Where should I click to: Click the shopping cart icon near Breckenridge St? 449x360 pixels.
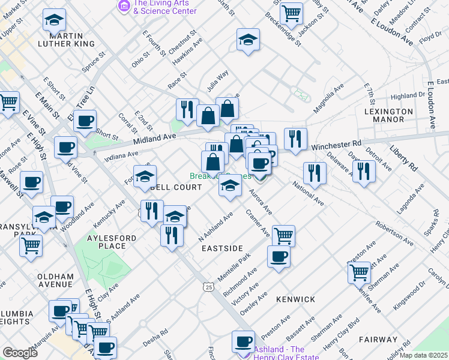(x=291, y=13)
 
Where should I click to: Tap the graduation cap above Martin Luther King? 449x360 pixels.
(x=55, y=22)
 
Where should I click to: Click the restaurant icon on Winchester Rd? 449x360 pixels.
(x=295, y=139)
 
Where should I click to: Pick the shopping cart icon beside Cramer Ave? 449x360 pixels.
(x=283, y=236)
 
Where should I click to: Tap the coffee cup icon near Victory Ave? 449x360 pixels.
(x=279, y=257)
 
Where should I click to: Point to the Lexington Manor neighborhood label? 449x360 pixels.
(x=388, y=115)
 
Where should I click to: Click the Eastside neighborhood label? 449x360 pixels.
(x=221, y=248)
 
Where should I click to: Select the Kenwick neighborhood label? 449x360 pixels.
(x=295, y=299)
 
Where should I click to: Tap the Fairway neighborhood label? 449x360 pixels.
(x=378, y=339)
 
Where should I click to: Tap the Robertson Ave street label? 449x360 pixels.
(x=394, y=233)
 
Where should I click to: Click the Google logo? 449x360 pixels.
(x=20, y=353)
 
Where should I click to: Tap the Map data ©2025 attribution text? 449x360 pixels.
(x=422, y=355)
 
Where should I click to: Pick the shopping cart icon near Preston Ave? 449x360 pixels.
(x=359, y=272)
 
